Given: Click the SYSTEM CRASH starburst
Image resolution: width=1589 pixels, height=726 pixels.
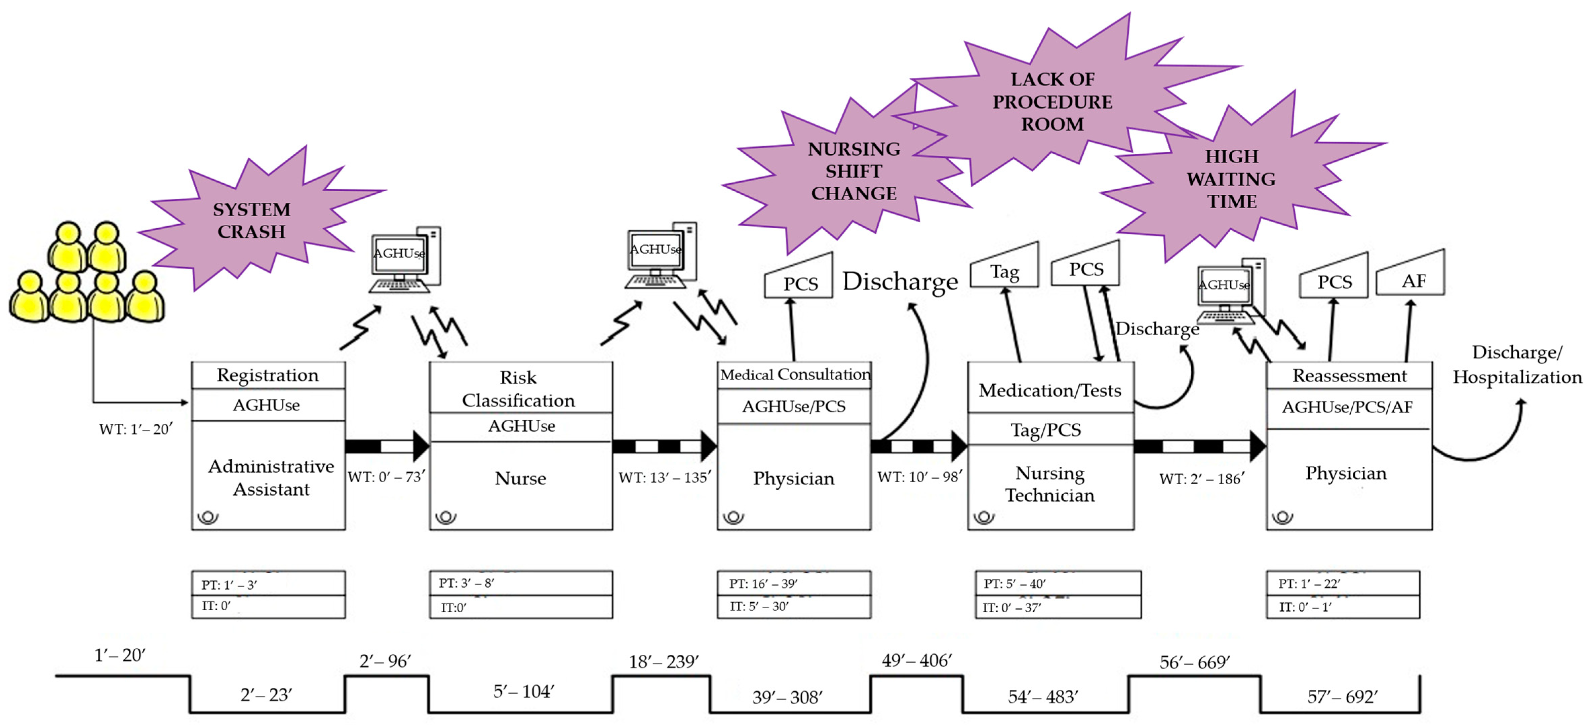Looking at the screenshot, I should pos(252,220).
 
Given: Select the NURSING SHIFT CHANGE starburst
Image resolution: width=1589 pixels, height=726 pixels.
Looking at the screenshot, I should pos(854,171).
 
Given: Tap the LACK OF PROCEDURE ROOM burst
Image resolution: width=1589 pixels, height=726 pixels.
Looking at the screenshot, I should pos(1052,102).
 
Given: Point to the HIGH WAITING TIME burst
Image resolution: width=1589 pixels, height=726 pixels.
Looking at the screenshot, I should pos(1231,179).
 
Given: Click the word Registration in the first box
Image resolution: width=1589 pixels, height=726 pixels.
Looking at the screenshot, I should pos(268,375).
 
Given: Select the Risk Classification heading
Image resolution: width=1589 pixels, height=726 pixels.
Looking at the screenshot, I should pos(519,389).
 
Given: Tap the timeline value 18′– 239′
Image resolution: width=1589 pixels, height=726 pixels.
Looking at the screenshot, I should pos(664,662).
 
